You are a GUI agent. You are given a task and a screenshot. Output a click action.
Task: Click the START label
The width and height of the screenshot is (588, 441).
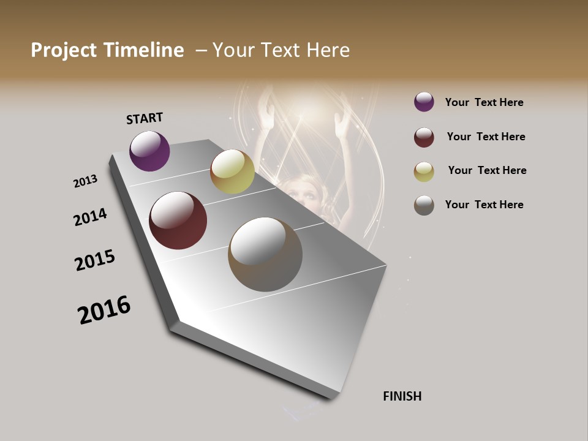145,118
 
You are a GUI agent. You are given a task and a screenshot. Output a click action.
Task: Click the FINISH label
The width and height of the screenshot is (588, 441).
402,396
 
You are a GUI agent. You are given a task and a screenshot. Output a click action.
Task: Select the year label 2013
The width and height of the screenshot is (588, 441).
85,181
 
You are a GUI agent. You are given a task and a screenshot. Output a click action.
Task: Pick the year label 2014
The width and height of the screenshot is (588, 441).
90,217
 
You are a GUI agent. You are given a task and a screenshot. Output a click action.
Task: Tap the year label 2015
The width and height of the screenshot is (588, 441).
95,260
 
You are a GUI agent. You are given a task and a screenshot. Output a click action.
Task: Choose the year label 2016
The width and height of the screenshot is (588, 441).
104,309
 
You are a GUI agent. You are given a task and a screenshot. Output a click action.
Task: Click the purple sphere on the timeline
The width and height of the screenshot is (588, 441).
149,151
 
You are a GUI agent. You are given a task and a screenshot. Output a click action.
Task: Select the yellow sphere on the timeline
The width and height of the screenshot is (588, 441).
232,171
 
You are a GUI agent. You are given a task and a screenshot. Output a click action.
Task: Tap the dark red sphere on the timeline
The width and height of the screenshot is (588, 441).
178,221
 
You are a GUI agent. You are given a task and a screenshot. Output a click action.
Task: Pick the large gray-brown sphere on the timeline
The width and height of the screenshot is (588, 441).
265,254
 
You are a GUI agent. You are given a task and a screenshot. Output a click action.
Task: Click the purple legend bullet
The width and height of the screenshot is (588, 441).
424,102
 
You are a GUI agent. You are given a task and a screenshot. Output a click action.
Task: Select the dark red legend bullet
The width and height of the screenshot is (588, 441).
424,137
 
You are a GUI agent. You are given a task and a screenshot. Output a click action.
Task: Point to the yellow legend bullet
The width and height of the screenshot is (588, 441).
424,171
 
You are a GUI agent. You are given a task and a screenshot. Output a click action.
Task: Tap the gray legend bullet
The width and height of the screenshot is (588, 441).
424,205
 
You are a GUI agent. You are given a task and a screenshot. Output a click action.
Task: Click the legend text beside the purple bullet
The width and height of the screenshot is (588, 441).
484,102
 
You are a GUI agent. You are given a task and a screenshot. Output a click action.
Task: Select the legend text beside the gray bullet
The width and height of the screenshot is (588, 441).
484,205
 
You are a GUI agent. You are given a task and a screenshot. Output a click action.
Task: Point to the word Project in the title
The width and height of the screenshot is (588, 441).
64,50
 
